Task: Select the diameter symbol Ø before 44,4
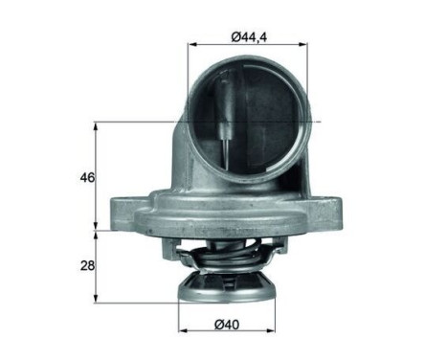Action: [x=235, y=37]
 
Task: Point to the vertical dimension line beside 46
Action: [x=96, y=177]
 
